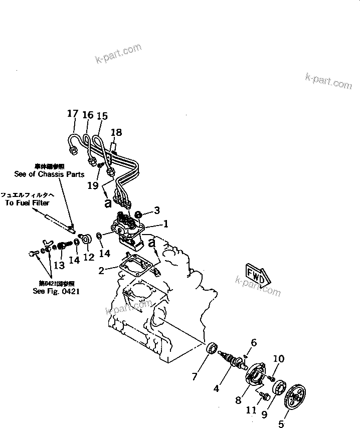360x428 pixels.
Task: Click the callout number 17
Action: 73,114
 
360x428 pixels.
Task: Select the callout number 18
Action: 116,132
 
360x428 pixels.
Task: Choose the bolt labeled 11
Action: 265,396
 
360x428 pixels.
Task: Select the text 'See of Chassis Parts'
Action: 49,174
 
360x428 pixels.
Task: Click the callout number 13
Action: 59,265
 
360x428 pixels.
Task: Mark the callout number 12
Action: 89,258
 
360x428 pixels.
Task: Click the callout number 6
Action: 254,343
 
